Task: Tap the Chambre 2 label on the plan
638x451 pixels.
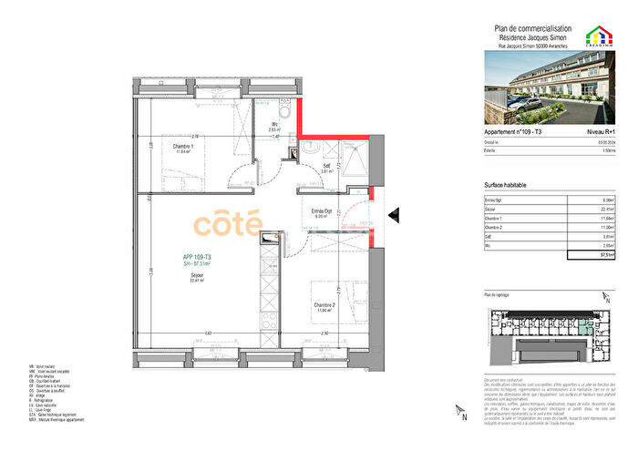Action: click(x=326, y=304)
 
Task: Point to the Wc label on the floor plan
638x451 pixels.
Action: click(x=275, y=126)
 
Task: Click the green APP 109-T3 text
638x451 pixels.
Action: click(x=197, y=258)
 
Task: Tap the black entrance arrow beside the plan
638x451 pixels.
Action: click(x=393, y=215)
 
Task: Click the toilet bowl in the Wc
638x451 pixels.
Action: click(x=284, y=111)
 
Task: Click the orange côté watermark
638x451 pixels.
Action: click(x=227, y=222)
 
